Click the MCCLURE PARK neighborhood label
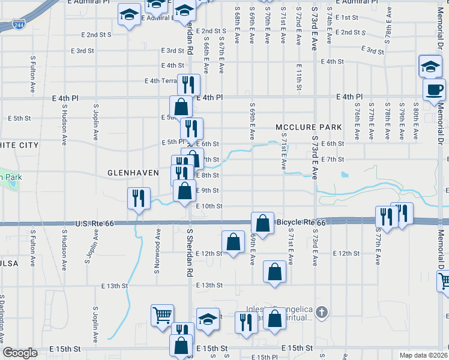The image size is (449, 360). point(309,127)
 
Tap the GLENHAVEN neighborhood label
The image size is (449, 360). point(133,173)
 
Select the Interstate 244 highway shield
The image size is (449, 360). point(18,25)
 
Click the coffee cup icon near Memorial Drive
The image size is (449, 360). point(435,91)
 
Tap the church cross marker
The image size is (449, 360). point(322,312)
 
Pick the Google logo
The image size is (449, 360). point(20,353)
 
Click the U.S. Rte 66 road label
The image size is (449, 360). point(94,224)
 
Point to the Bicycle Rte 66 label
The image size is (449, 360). point(301,223)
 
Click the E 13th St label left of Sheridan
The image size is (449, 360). point(116,286)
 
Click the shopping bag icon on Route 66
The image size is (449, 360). point(262,223)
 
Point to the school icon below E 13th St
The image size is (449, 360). point(208,319)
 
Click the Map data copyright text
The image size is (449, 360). point(424,355)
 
